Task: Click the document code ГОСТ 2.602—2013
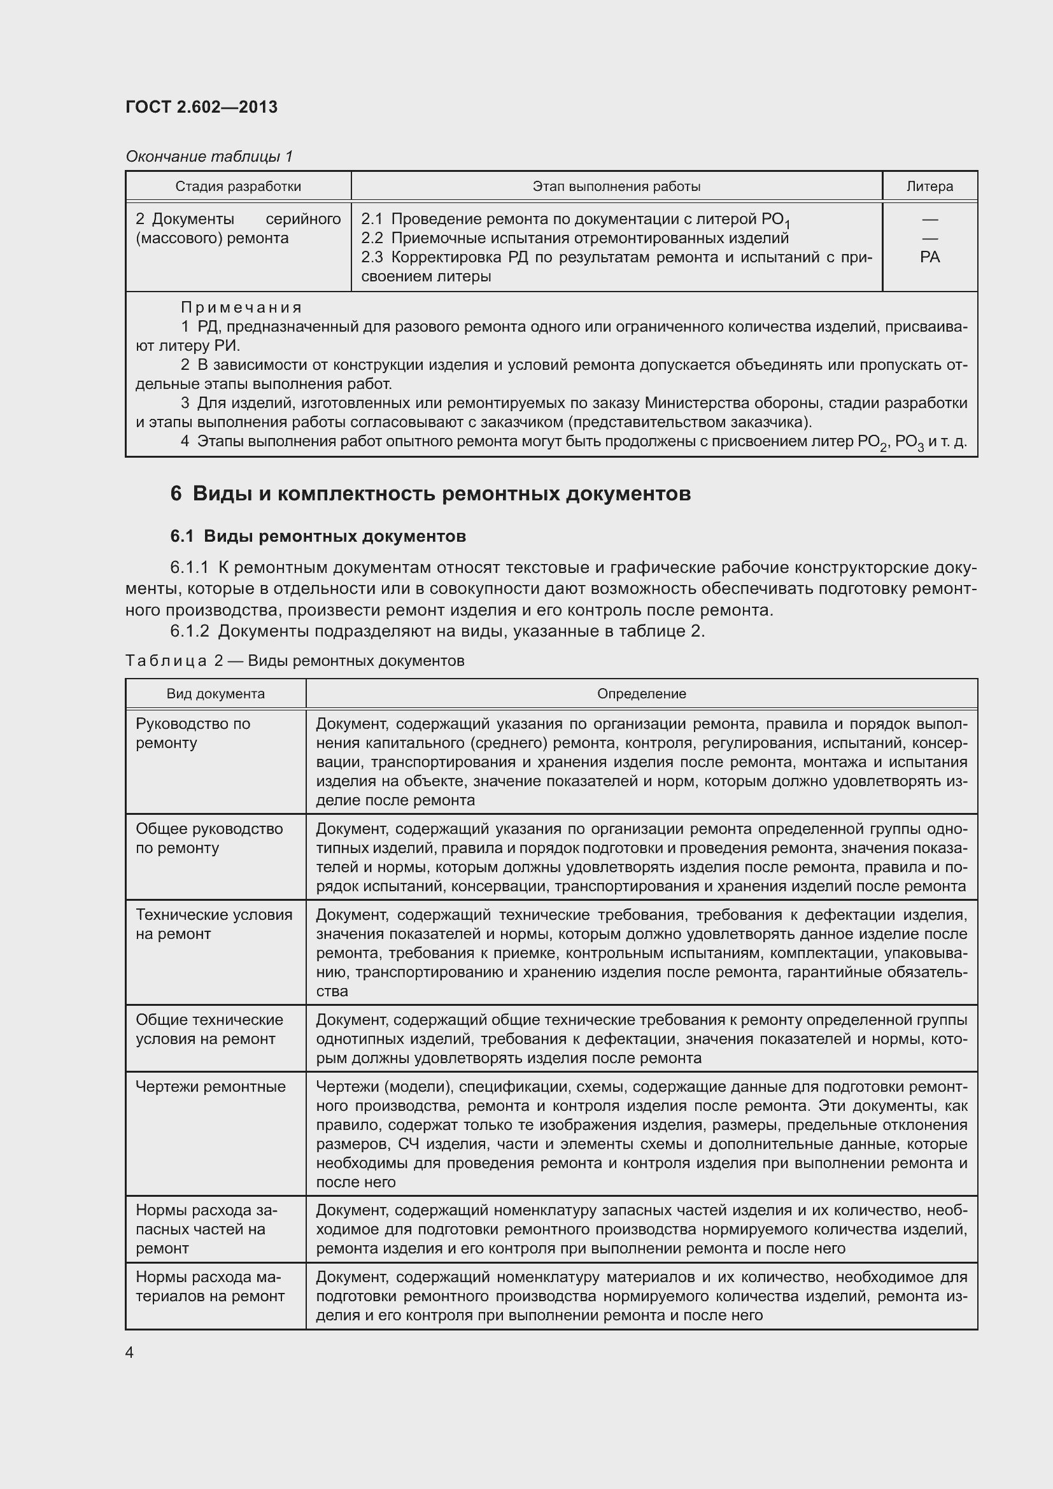coord(201,107)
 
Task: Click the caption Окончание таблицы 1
coord(209,157)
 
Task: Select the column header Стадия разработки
coord(238,187)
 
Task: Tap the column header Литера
coord(929,187)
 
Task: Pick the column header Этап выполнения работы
coord(616,187)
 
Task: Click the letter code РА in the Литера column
coord(929,257)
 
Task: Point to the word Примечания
coord(241,307)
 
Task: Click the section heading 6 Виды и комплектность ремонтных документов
coord(430,493)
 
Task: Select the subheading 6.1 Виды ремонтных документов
coord(318,536)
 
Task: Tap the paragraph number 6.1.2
coord(189,631)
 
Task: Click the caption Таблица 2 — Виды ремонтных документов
coord(295,661)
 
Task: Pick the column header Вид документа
coord(215,694)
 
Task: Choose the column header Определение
coord(641,694)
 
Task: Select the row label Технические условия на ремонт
coord(213,924)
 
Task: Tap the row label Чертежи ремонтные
coord(210,1086)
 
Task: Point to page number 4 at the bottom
coord(130,1353)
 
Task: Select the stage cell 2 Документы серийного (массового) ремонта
coord(237,229)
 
